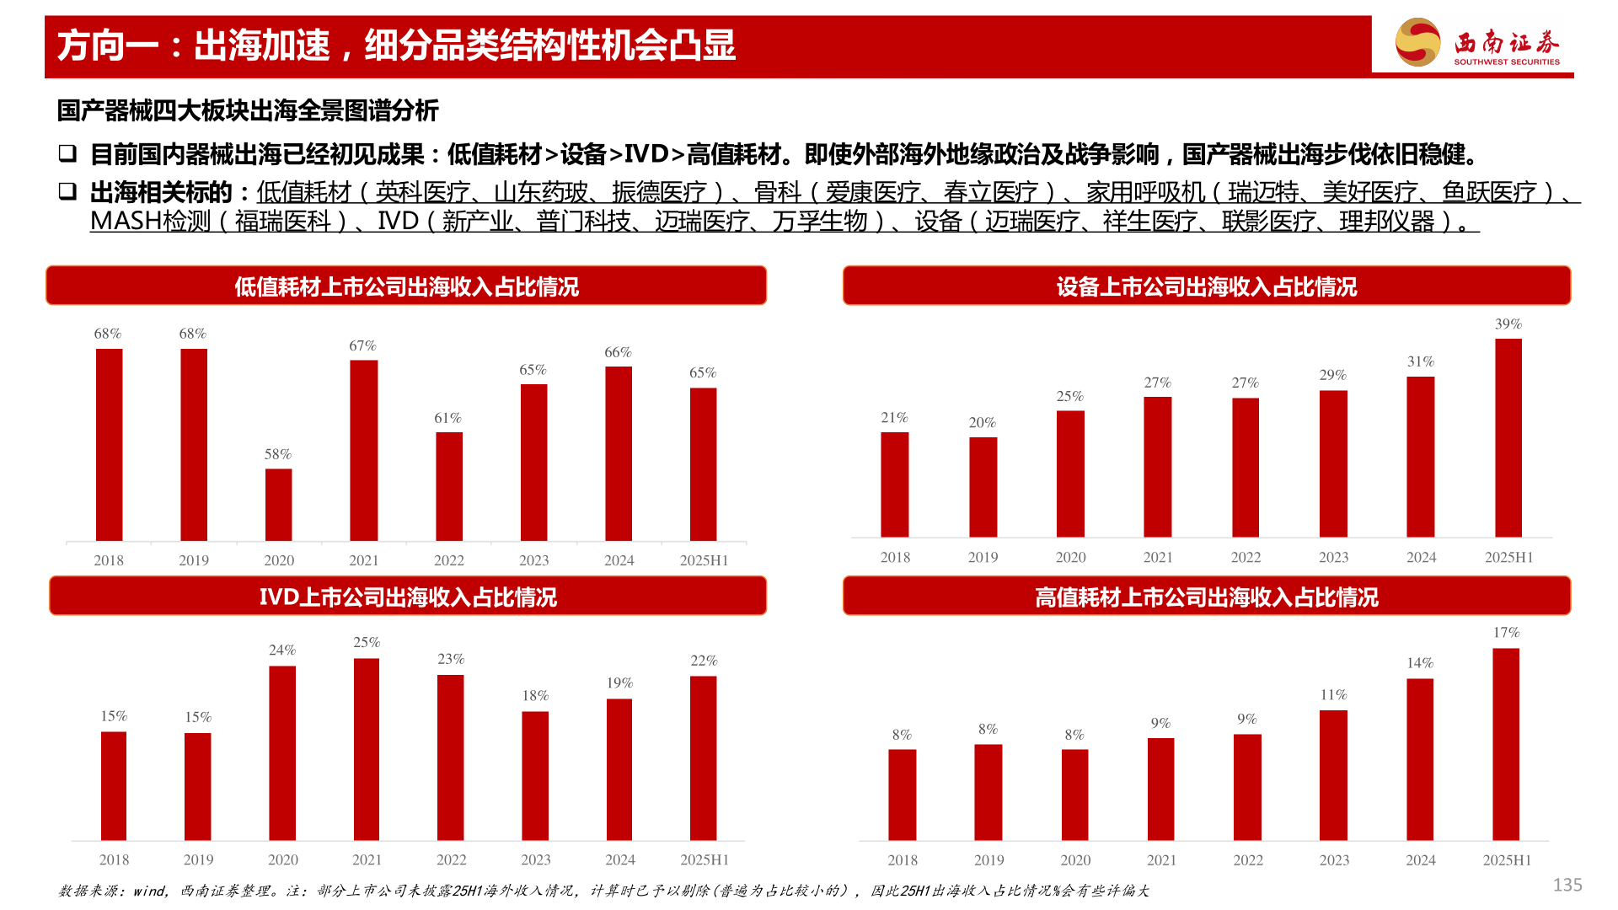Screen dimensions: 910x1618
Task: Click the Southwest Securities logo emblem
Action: (1417, 42)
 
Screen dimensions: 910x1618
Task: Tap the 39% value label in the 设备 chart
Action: (1508, 324)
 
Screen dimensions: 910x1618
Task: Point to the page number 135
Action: (1567, 885)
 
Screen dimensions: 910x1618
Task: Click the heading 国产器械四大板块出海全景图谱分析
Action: (248, 110)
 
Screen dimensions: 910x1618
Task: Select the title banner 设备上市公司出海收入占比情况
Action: (1206, 286)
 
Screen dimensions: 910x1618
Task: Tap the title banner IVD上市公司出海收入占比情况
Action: (408, 597)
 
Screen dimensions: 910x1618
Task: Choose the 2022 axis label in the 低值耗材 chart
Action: (448, 560)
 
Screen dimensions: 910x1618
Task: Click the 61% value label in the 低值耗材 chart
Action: (447, 418)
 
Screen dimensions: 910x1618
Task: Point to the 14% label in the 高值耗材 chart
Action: (1420, 663)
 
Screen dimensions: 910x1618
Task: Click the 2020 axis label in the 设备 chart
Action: (1070, 557)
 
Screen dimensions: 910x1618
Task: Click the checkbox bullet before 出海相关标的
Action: (67, 191)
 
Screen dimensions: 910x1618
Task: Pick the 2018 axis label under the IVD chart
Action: (114, 859)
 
